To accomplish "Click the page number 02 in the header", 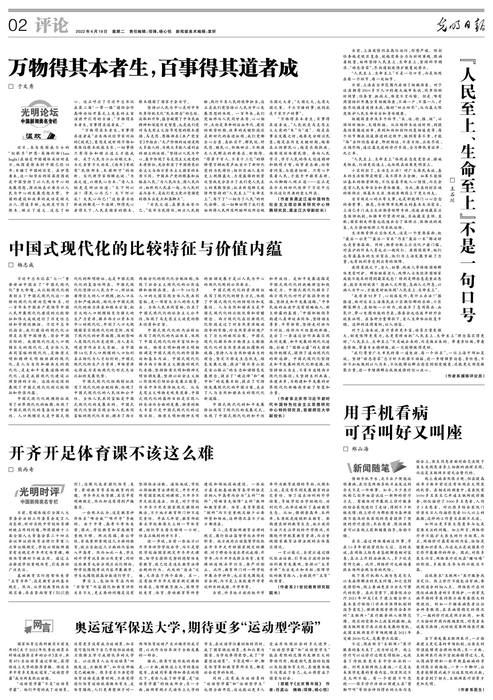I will tap(18, 26).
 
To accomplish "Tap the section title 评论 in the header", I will tap(51, 26).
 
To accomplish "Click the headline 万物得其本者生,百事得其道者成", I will tap(154, 68).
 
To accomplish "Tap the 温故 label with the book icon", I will tap(39, 136).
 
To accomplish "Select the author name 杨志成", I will tap(26, 265).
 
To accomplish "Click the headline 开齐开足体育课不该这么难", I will tap(112, 453).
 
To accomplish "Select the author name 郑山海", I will tap(360, 449).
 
